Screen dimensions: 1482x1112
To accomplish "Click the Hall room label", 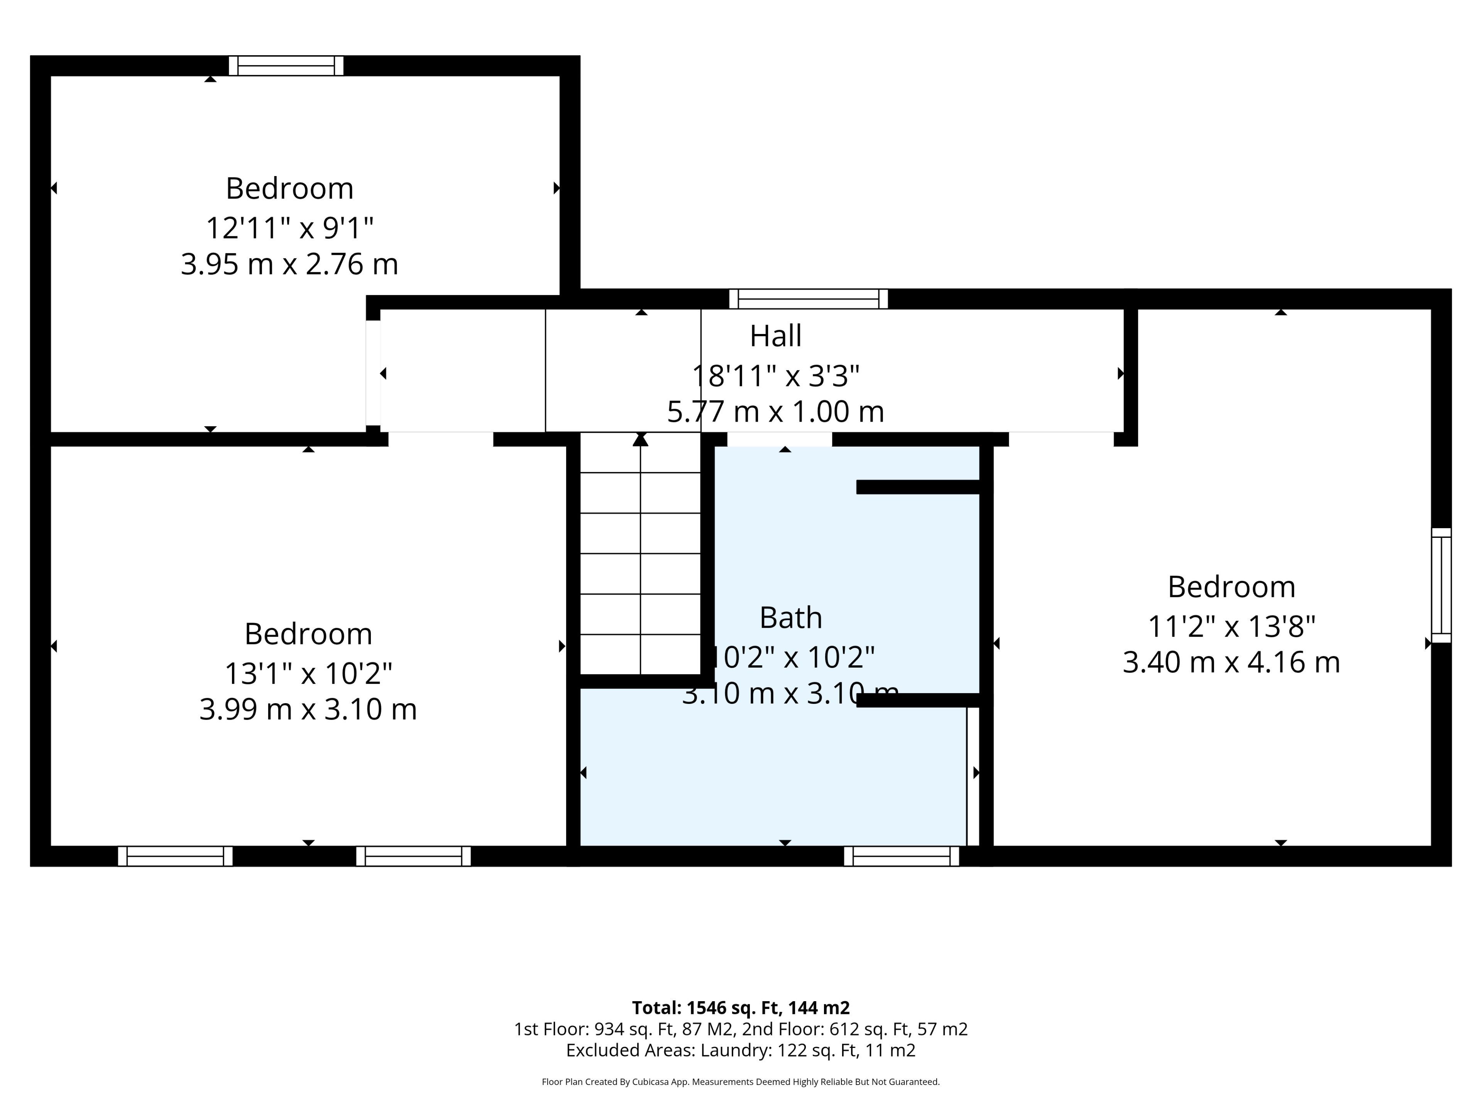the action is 775,336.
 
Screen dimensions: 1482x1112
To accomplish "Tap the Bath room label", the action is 790,617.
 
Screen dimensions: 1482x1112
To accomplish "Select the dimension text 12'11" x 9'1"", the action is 289,228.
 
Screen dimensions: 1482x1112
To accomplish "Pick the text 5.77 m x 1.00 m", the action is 775,411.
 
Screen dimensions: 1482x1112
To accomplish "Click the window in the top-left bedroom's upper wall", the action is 286,66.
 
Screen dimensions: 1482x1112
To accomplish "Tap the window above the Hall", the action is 809,299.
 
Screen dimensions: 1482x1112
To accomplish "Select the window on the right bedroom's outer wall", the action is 1441,585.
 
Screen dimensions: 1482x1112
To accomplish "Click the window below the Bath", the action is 901,856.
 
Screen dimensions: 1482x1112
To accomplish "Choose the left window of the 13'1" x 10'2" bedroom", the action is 176,856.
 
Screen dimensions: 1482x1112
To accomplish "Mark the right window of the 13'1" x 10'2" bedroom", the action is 413,856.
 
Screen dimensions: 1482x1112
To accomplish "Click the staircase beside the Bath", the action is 641,553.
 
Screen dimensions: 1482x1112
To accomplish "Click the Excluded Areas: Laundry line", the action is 741,1050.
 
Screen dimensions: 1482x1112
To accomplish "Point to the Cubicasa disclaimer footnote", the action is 741,1081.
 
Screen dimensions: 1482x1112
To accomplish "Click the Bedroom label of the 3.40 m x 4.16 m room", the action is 1232,587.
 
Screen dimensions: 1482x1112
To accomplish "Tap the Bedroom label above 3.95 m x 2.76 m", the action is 289,188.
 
